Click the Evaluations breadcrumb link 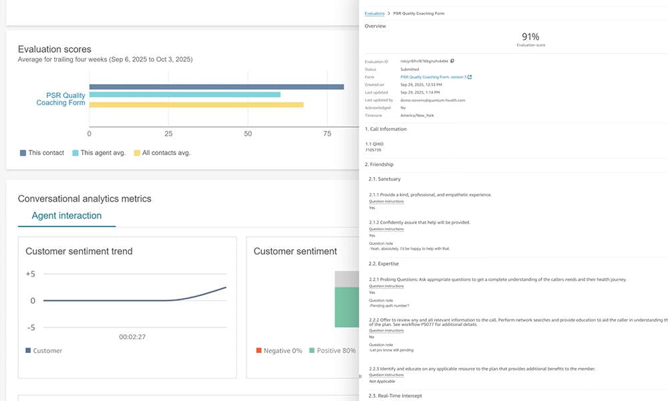pyautogui.click(x=375, y=13)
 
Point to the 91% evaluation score pyautogui.click(x=530, y=37)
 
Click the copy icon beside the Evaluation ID pyautogui.click(x=452, y=61)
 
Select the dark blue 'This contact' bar pyautogui.click(x=216, y=87)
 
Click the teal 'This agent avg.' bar pyautogui.click(x=185, y=95)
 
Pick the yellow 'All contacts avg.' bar pyautogui.click(x=196, y=104)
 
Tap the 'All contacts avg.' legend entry pyautogui.click(x=162, y=153)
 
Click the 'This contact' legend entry pyautogui.click(x=42, y=153)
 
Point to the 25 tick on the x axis pyautogui.click(x=168, y=134)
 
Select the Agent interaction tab pyautogui.click(x=67, y=216)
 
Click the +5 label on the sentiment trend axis pyautogui.click(x=29, y=274)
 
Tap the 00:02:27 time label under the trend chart pyautogui.click(x=132, y=338)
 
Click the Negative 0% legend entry pyautogui.click(x=279, y=351)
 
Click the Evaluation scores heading pyautogui.click(x=55, y=49)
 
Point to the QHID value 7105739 pyautogui.click(x=375, y=150)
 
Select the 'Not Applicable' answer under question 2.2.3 pyautogui.click(x=381, y=382)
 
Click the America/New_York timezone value pyautogui.click(x=417, y=116)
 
